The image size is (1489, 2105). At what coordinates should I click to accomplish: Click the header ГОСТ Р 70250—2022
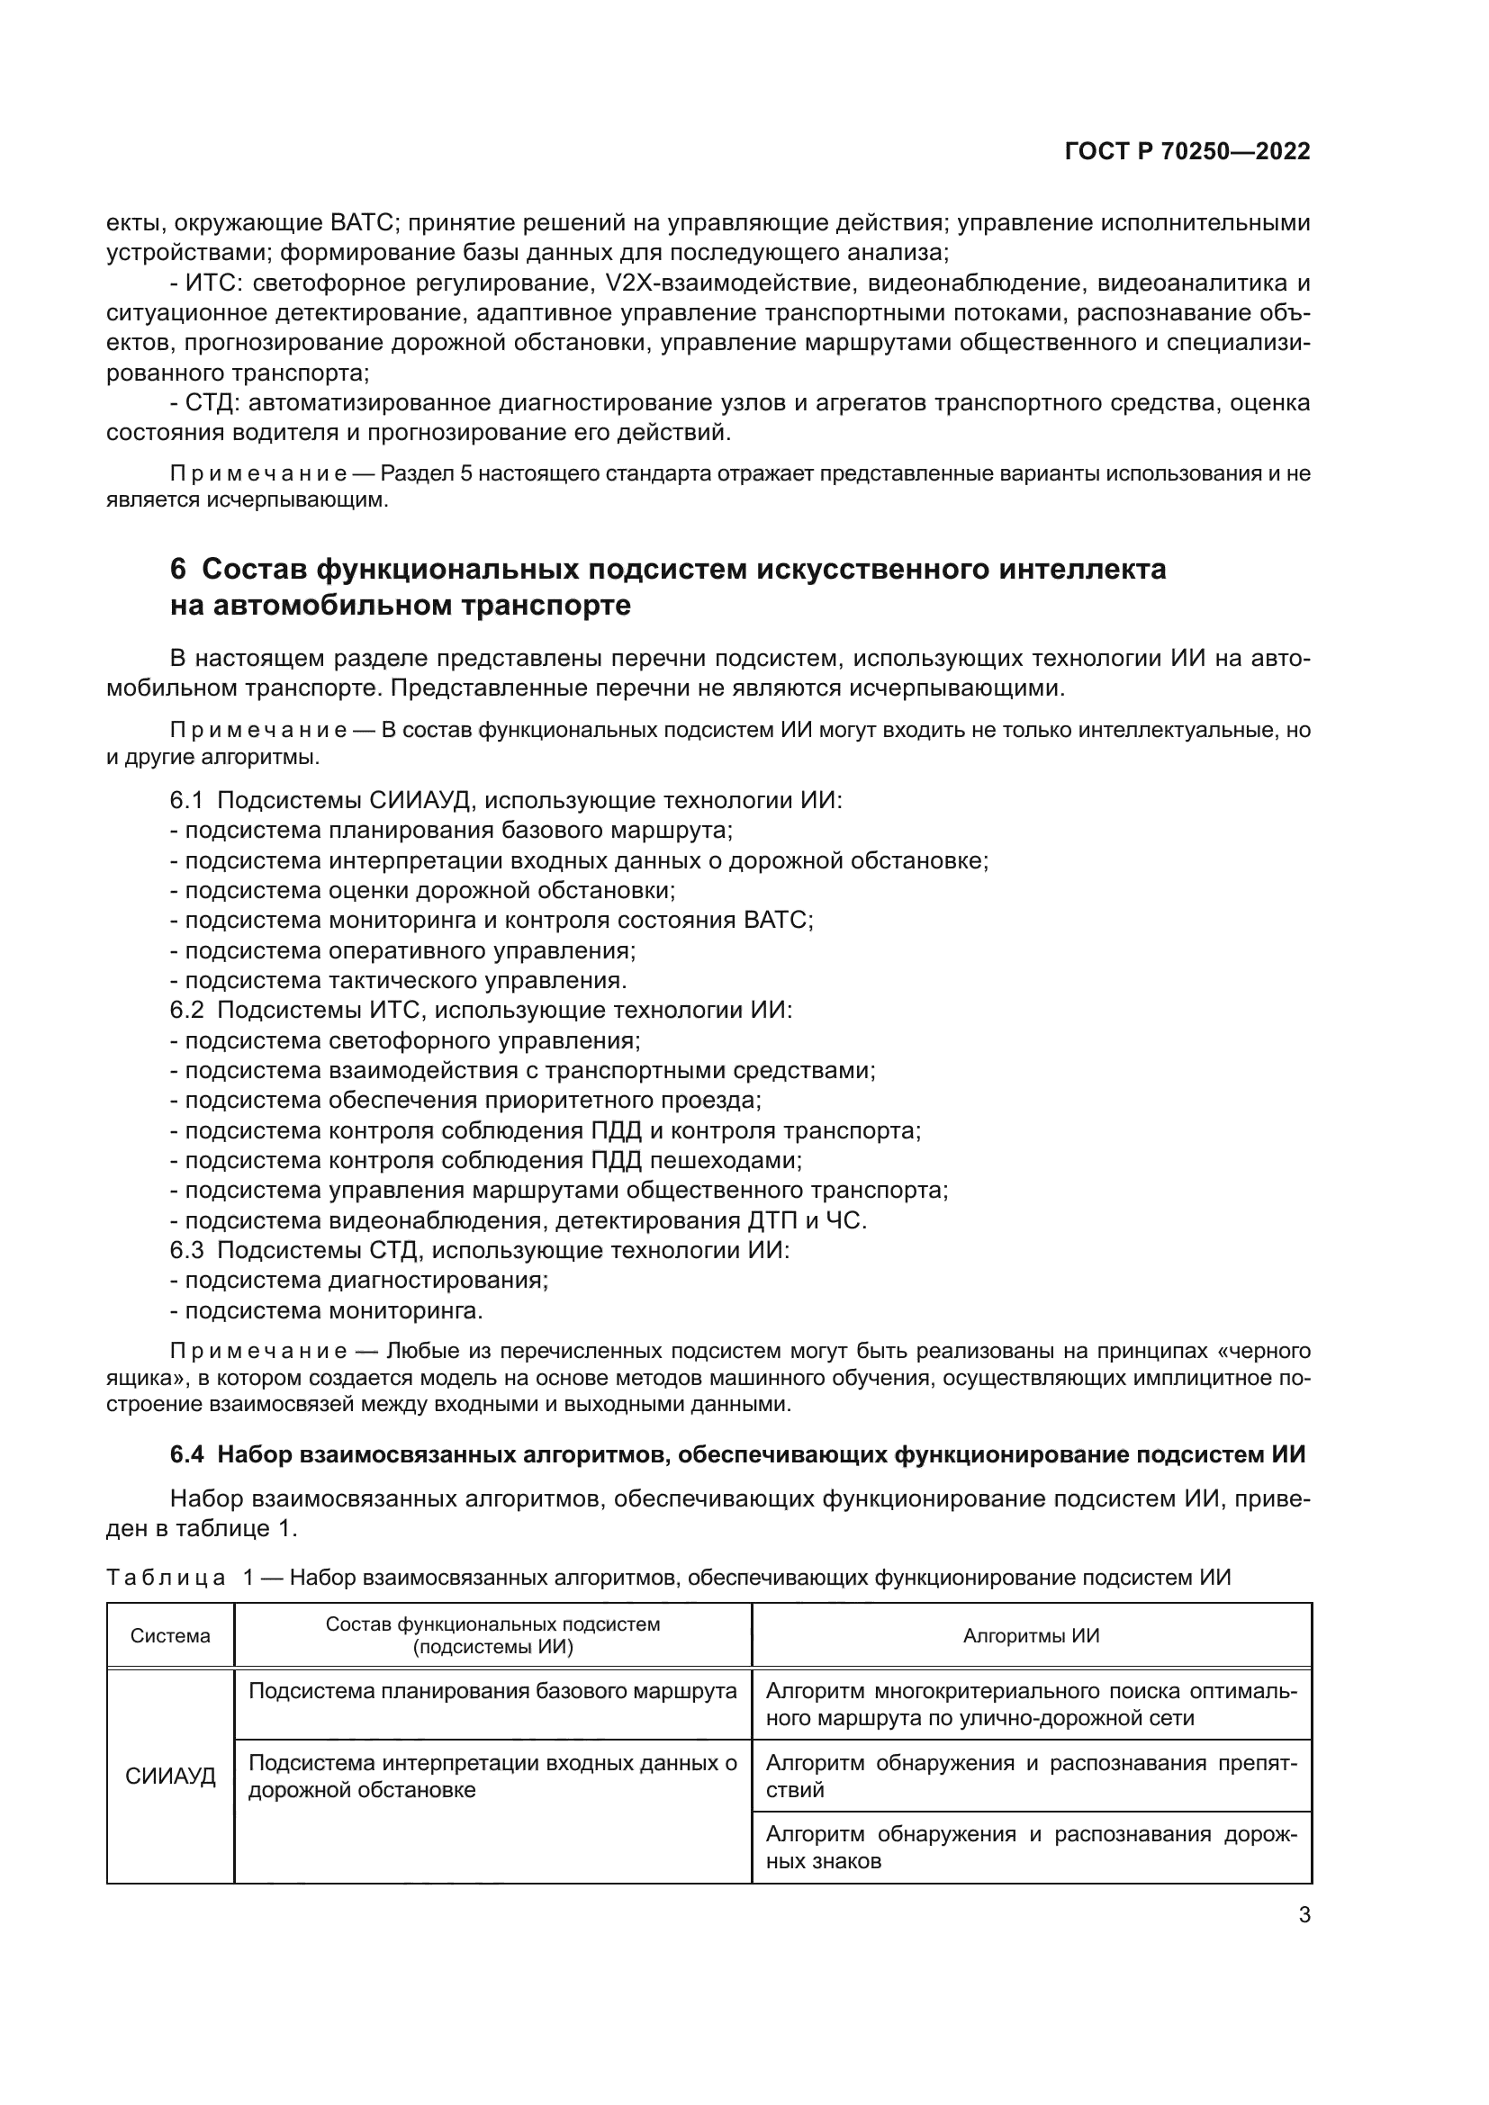point(1187,152)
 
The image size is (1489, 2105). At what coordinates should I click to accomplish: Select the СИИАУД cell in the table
point(170,1776)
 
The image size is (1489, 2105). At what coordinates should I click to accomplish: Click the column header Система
point(170,1636)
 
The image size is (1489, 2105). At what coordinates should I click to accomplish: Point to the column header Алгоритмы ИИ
point(1031,1636)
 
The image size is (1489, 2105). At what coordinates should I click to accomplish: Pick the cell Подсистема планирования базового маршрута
point(492,1692)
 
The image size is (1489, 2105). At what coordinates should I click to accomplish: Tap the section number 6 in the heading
point(178,570)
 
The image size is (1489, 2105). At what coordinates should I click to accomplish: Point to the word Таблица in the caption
point(166,1577)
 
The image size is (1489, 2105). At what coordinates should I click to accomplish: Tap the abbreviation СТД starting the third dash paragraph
point(211,403)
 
